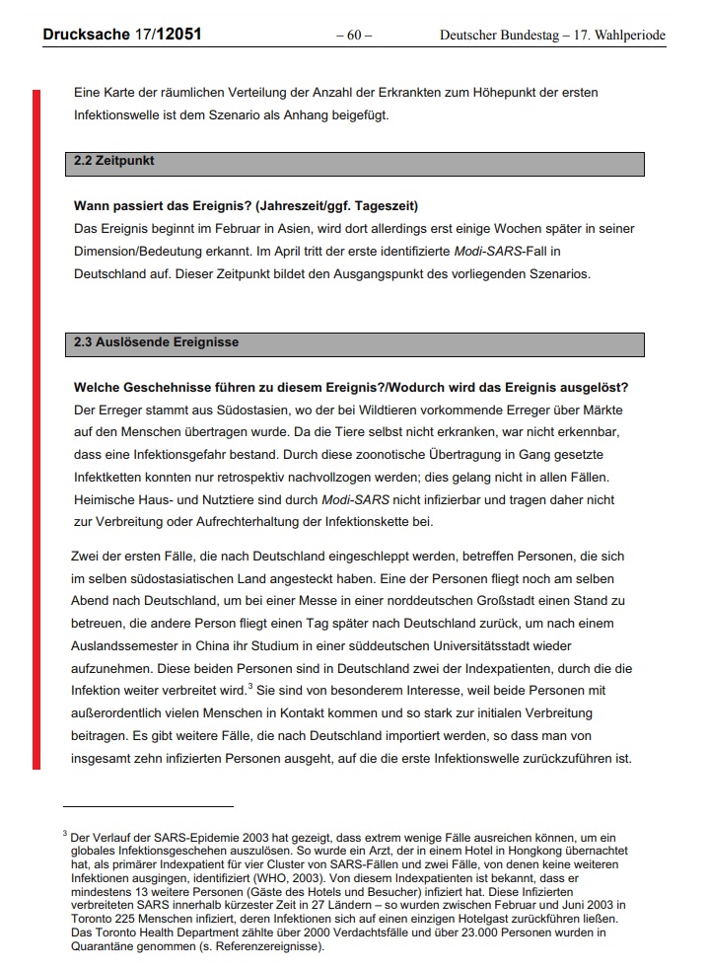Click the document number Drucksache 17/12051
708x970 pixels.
coord(122,35)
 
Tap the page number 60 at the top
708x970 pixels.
coord(354,36)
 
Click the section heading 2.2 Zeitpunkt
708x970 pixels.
coord(114,160)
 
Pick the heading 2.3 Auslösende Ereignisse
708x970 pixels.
coord(156,343)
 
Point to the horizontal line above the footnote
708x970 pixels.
coord(148,806)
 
